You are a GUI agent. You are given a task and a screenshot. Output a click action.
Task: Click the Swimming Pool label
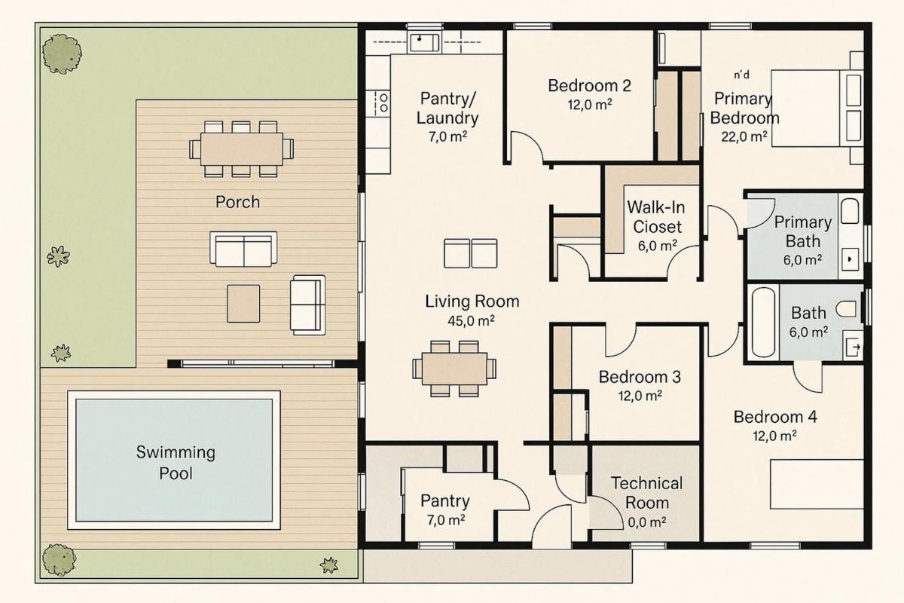(x=176, y=463)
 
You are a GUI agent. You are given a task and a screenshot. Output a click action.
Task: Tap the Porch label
(x=238, y=202)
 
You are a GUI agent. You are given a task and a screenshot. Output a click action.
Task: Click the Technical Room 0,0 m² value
(x=647, y=522)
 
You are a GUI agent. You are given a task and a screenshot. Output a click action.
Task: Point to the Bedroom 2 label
(x=589, y=86)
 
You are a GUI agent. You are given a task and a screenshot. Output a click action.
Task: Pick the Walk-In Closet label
(x=657, y=217)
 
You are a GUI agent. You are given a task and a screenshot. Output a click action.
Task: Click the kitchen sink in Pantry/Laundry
(x=425, y=43)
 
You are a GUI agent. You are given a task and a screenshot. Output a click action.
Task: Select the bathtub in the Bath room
(x=763, y=322)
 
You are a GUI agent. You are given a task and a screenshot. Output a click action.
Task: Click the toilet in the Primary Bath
(x=850, y=211)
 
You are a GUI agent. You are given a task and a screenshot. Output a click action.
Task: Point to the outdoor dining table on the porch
(x=241, y=149)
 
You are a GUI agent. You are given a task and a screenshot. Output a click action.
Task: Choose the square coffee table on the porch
(x=243, y=304)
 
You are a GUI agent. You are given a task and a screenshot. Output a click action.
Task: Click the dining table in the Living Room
(x=454, y=369)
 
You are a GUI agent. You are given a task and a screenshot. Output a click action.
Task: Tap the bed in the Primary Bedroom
(x=817, y=109)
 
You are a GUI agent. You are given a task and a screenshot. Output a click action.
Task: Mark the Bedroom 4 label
(x=775, y=417)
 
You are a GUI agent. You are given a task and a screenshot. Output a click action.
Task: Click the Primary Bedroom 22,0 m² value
(x=744, y=137)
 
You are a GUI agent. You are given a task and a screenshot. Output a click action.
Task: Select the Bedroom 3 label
(x=640, y=377)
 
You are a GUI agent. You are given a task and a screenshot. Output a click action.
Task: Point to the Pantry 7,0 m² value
(x=446, y=520)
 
